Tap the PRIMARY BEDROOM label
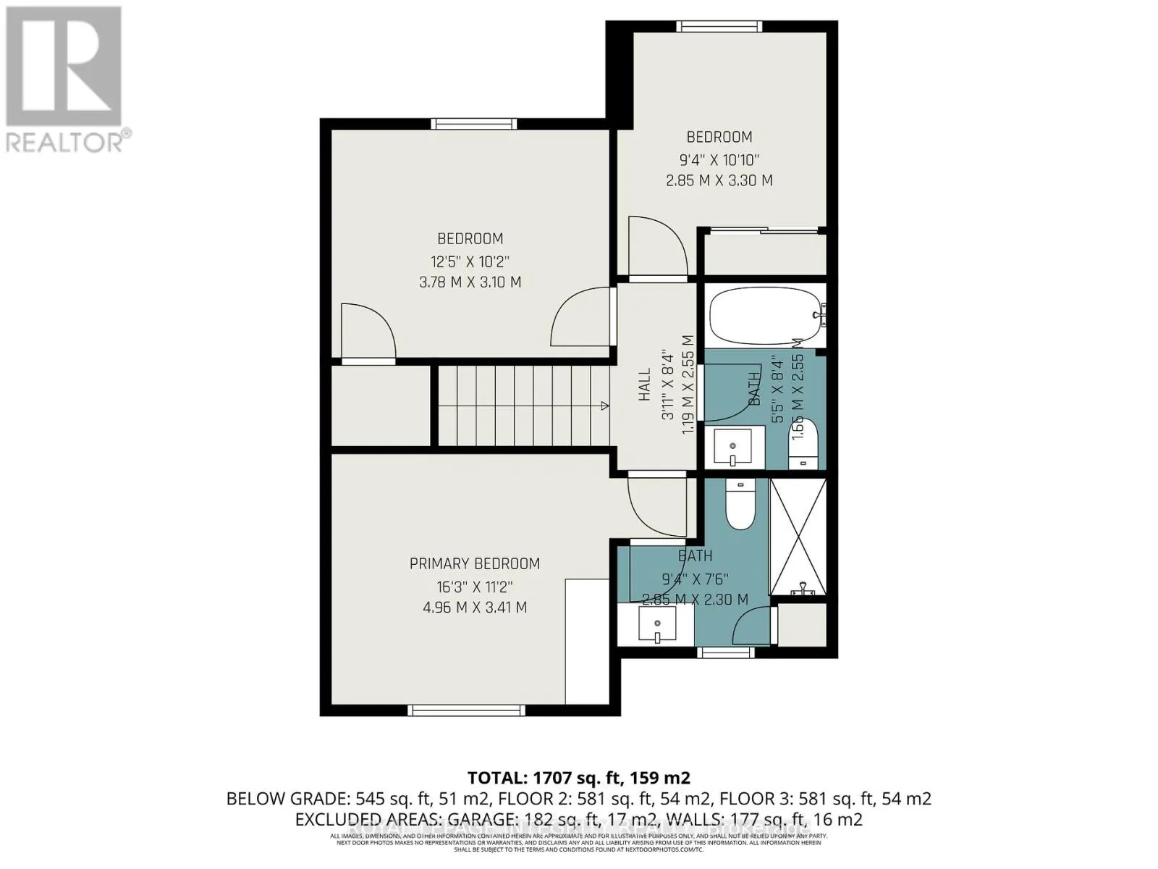coord(475,563)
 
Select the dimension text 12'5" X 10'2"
coord(470,261)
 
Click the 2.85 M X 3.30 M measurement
coord(719,180)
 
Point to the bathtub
coord(766,316)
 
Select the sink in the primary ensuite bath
coord(657,624)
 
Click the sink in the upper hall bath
coord(733,447)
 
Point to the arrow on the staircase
coord(604,406)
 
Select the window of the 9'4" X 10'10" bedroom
coord(719,27)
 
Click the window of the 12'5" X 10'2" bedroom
coord(474,124)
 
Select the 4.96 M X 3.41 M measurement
coord(475,607)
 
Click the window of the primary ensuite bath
coord(725,652)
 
